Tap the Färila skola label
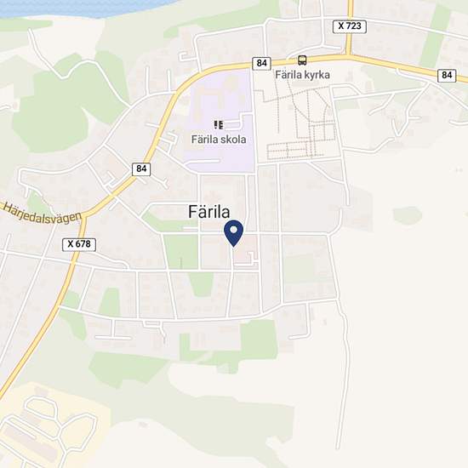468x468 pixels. coord(219,140)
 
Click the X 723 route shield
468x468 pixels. coord(350,27)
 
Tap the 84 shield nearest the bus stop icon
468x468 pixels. coord(262,64)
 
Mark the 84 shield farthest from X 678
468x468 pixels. coord(448,76)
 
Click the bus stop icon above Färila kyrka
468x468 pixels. coord(302,60)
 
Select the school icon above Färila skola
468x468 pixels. coord(219,125)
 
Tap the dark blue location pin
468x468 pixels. coord(233,232)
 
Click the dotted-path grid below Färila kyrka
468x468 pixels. coord(302,128)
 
